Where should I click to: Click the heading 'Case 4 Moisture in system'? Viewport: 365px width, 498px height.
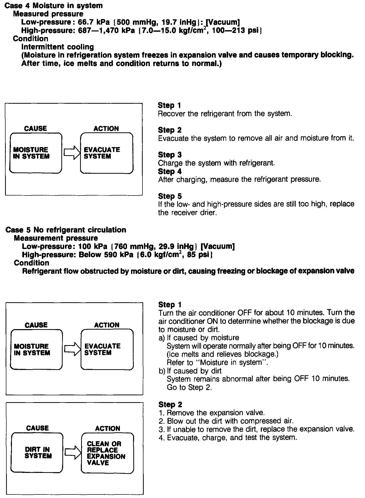(x=54, y=6)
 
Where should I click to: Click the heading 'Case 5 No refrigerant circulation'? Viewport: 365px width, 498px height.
(x=66, y=230)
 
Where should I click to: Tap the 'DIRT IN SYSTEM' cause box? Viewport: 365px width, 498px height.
(x=37, y=453)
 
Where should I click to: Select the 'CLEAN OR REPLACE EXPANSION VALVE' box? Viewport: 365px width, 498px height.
(x=107, y=453)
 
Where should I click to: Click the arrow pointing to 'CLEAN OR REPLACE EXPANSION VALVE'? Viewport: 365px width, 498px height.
(x=72, y=453)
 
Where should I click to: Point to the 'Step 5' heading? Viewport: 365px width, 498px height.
(x=170, y=196)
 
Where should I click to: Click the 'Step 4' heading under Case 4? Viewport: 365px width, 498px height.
(x=170, y=171)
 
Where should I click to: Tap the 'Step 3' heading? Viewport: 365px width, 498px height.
(x=170, y=155)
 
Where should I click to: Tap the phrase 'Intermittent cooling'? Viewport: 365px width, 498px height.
(x=58, y=47)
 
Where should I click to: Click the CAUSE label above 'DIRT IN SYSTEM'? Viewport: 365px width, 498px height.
(x=37, y=428)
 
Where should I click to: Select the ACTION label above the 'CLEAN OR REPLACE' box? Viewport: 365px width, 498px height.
(x=107, y=428)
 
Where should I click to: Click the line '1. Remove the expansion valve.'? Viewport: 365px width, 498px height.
(x=212, y=413)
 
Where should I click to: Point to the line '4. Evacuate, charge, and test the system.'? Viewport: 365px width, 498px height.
(x=228, y=437)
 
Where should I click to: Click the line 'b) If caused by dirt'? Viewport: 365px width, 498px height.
(x=190, y=371)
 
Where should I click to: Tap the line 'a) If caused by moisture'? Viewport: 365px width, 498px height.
(x=199, y=337)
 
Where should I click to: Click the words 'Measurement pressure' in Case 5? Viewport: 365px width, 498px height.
(x=56, y=238)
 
